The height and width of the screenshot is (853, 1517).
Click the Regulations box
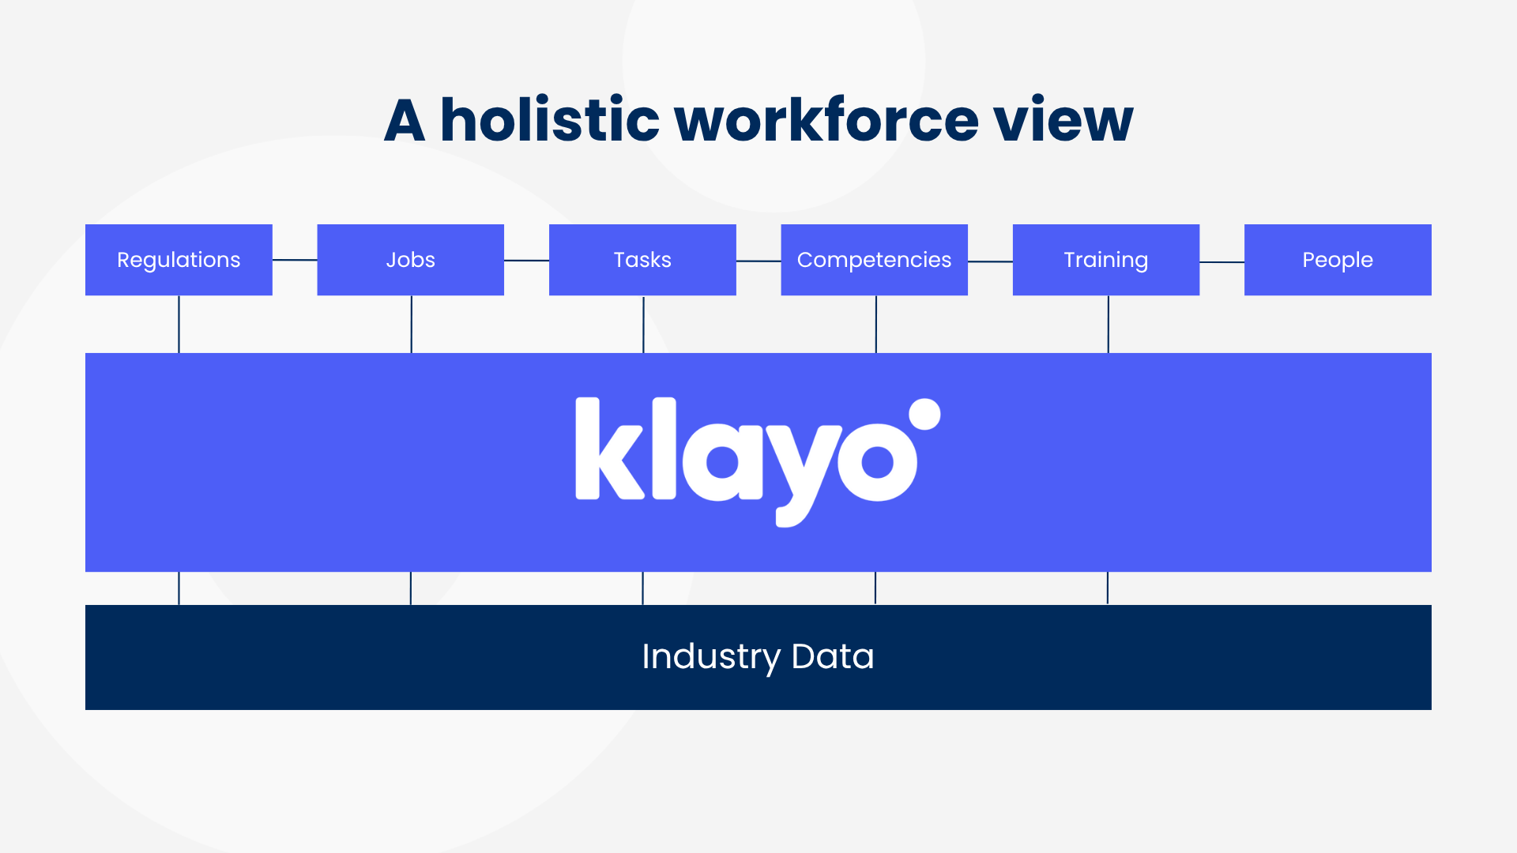coord(179,260)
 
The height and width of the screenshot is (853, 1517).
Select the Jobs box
coord(410,260)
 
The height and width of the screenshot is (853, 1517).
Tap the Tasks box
coord(642,260)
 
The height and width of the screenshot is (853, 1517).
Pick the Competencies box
coord(874,260)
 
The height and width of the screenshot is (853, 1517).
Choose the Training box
coord(1105,260)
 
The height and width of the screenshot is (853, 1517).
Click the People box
coord(1338,260)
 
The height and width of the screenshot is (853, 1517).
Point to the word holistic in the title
coord(549,120)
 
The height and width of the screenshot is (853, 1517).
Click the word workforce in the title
coord(826,120)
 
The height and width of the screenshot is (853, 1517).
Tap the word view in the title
coord(1063,120)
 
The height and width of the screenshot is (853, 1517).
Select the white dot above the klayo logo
coord(924,414)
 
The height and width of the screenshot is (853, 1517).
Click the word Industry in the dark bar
coord(710,657)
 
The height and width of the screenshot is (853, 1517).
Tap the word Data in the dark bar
coord(833,657)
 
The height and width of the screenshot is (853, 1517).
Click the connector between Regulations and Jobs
coord(295,259)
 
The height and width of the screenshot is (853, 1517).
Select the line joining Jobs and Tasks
coord(526,260)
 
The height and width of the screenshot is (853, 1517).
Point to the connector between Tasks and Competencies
coord(758,261)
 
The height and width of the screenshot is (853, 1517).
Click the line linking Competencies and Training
coord(990,261)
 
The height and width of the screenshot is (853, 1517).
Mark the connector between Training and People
coord(1222,262)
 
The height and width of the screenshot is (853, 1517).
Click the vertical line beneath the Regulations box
coord(179,324)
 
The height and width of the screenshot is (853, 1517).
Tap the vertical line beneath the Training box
coord(1108,324)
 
